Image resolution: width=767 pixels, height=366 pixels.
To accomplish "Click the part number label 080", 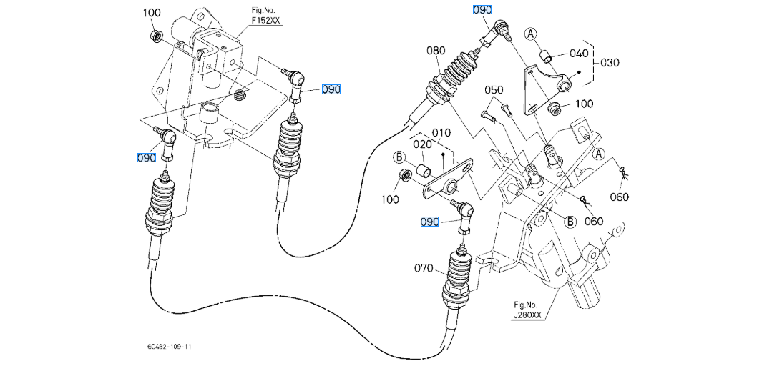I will point(436,51).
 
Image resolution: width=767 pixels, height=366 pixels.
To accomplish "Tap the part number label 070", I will point(424,269).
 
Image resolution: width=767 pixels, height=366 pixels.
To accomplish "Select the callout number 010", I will point(441,133).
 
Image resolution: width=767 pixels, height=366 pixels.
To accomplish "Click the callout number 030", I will point(610,62).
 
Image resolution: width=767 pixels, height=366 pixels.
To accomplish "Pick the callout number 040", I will point(579,54).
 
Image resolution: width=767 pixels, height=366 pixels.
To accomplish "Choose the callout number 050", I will point(494,90).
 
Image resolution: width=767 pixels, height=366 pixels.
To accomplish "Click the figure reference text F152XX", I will point(266,22).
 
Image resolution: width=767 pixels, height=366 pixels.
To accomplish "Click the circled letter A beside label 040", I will point(531,33).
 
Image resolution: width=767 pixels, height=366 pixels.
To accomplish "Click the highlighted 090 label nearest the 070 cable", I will point(429,223).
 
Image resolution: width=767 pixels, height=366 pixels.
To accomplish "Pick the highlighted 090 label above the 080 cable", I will point(481,11).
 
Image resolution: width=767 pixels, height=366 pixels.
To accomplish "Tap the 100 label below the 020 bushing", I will point(390,199).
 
